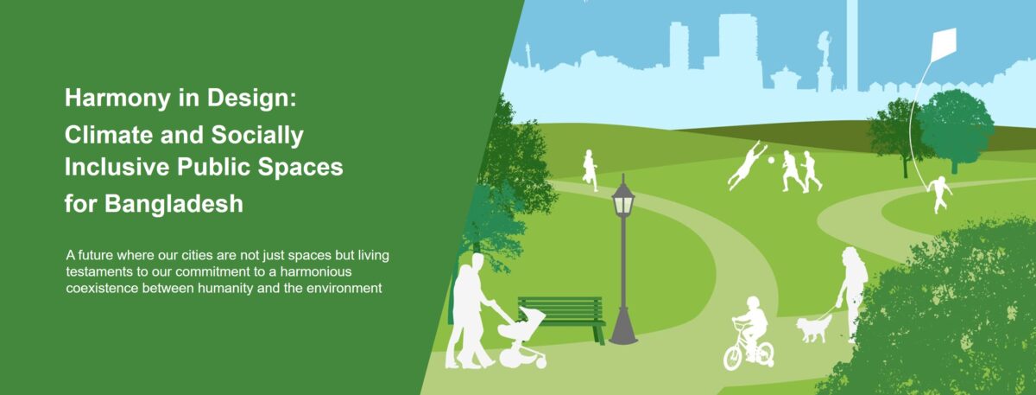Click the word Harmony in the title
117,99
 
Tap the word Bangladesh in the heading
174,204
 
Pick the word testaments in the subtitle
95,271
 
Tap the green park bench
561,317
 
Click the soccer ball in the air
772,160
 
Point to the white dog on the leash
813,328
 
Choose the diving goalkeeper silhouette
746,165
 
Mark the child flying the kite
940,194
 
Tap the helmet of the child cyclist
753,303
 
